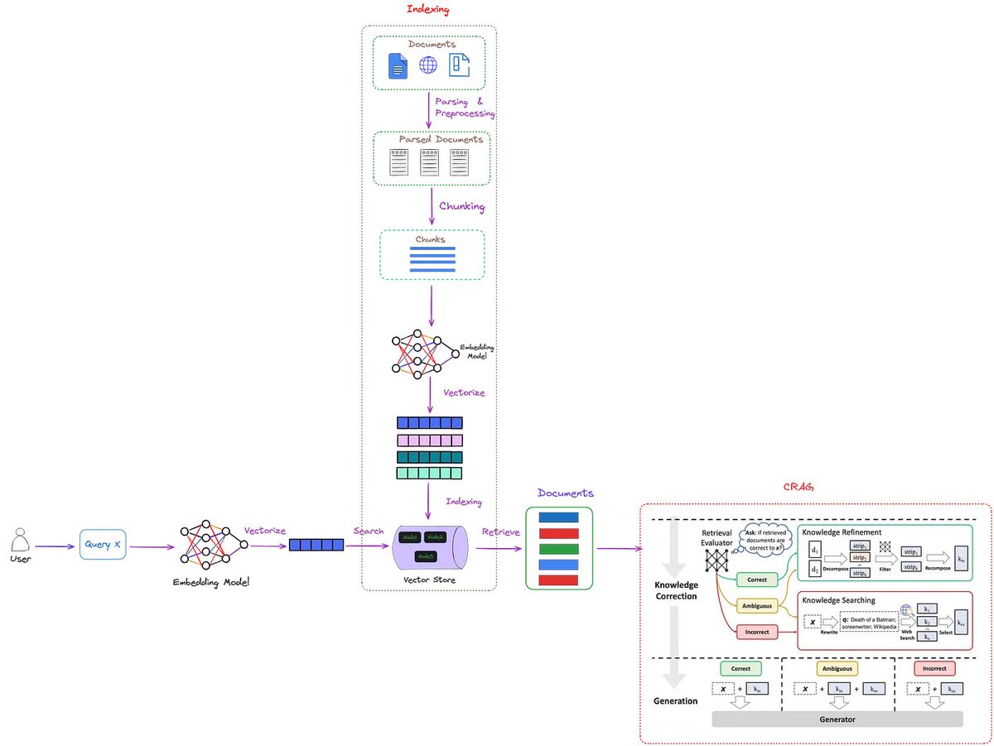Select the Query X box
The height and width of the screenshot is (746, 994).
pyautogui.click(x=104, y=545)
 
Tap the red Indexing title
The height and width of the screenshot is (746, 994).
pyautogui.click(x=428, y=9)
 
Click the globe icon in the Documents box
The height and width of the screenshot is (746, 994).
pyautogui.click(x=428, y=65)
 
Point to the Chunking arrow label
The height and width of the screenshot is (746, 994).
pyautogui.click(x=461, y=206)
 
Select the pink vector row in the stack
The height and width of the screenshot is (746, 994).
pyautogui.click(x=430, y=440)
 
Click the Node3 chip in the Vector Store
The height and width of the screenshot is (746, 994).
pyautogui.click(x=427, y=556)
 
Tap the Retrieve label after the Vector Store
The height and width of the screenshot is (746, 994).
pyautogui.click(x=500, y=532)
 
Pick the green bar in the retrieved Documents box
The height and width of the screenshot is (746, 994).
pyautogui.click(x=559, y=549)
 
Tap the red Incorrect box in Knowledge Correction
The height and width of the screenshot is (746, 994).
pyautogui.click(x=756, y=632)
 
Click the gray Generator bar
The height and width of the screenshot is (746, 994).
pyautogui.click(x=837, y=720)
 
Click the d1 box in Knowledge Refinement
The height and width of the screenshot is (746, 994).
pyautogui.click(x=815, y=550)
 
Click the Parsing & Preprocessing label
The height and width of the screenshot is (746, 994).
pyautogui.click(x=465, y=107)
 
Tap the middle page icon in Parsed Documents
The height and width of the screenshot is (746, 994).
pyautogui.click(x=429, y=162)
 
